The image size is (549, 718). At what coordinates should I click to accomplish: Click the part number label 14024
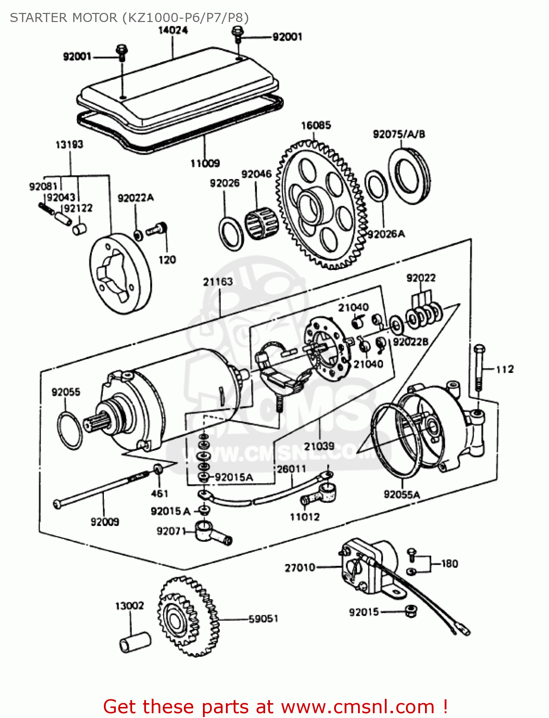(x=173, y=30)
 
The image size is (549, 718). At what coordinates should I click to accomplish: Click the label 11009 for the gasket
(x=205, y=163)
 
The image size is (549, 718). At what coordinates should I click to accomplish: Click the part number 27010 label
(x=300, y=568)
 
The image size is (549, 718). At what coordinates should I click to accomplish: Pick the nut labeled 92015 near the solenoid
(x=410, y=611)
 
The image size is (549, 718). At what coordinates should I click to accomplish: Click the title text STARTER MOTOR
(x=64, y=18)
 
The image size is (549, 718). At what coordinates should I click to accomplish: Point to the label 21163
(x=218, y=281)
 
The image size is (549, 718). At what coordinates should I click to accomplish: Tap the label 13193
(x=69, y=144)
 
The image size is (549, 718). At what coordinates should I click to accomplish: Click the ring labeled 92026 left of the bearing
(x=231, y=233)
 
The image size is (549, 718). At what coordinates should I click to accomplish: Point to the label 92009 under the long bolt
(x=105, y=522)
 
